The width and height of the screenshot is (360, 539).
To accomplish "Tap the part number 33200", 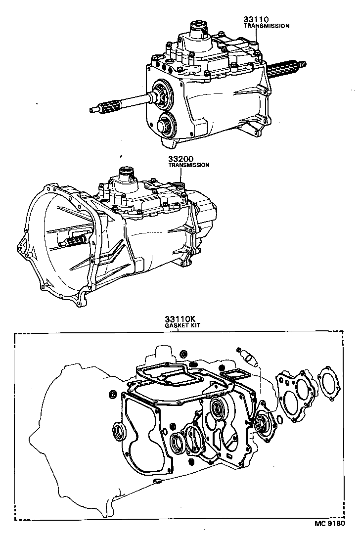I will pyautogui.click(x=180, y=159).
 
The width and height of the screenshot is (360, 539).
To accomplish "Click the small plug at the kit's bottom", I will pyautogui.click(x=157, y=482).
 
